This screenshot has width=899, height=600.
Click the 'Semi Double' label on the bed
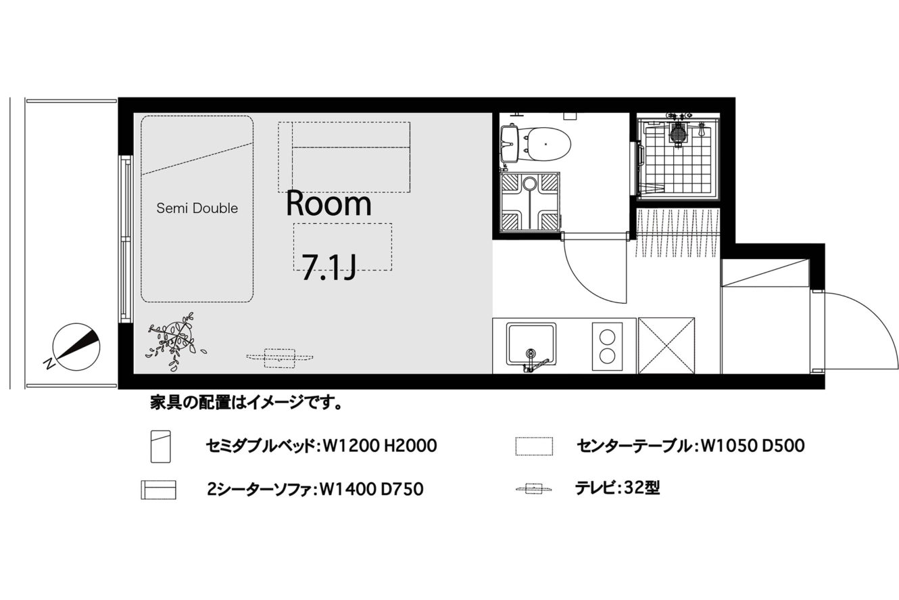point(197,208)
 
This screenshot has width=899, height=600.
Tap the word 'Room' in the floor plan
point(329,204)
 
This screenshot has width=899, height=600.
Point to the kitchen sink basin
point(531,344)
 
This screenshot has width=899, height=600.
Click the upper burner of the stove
point(607,337)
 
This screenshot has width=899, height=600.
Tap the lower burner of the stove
point(607,355)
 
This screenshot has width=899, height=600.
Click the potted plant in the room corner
point(175,340)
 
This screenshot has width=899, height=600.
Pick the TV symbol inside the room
point(280,358)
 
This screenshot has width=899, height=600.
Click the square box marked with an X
point(666,346)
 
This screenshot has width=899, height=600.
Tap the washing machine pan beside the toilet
point(530,202)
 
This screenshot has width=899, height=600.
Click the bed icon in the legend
point(161,446)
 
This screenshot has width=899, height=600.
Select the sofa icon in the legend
point(158,490)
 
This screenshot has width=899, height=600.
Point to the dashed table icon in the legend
point(534,446)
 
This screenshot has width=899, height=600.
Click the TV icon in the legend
point(534,489)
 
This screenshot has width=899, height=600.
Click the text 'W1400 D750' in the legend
point(372,489)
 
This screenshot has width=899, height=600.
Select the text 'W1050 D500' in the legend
point(753,446)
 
